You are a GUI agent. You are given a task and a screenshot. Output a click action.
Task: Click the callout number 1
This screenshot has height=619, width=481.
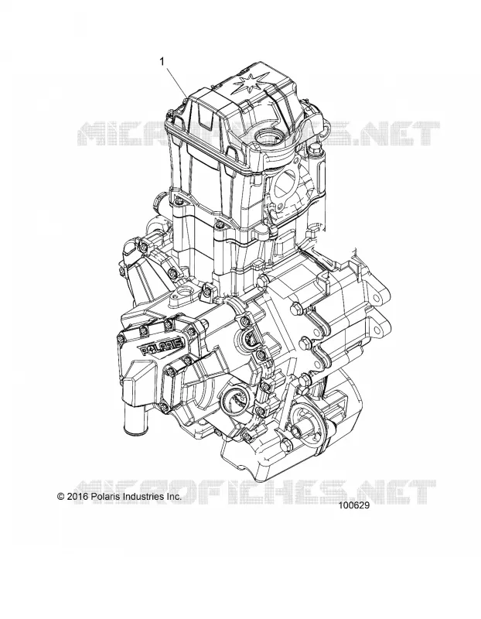click(162, 62)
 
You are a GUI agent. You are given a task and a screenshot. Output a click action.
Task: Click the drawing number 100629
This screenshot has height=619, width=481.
click(354, 505)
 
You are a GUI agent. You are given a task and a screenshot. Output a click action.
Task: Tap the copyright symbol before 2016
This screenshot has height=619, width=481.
click(61, 497)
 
